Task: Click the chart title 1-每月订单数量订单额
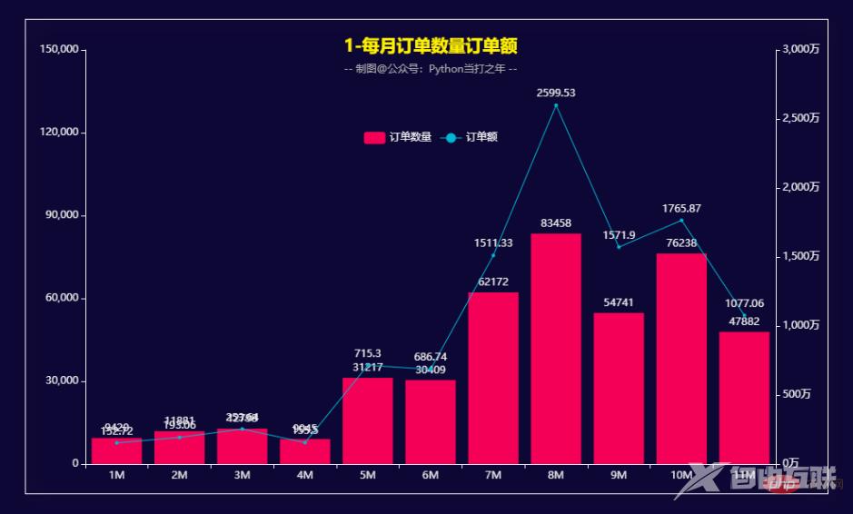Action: [x=431, y=46]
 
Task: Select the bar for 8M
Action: [x=556, y=349]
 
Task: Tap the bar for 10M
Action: [x=681, y=359]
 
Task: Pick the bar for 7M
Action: [x=493, y=378]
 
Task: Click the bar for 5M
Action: [x=367, y=420]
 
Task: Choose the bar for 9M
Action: [x=619, y=389]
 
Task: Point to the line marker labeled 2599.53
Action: [x=556, y=105]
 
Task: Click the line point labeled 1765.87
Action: [x=681, y=221]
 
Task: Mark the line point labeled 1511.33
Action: [x=493, y=255]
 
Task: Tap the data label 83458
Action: [x=556, y=222]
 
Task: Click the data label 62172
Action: [x=493, y=282]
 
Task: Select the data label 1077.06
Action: [x=744, y=303]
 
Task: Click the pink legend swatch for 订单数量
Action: [x=374, y=138]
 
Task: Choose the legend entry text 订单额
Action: [x=481, y=138]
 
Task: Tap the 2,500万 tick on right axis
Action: [x=801, y=118]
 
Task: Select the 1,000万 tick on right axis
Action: [x=801, y=325]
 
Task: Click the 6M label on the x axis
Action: [x=431, y=476]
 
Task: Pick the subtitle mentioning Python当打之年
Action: [x=431, y=69]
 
